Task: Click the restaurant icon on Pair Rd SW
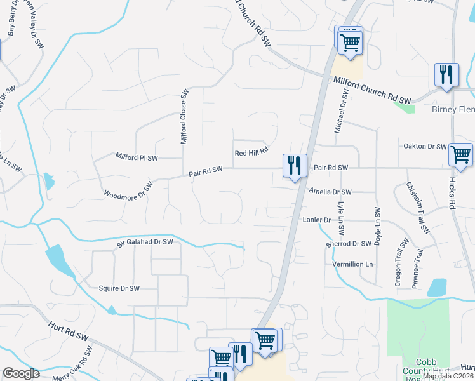coord(295,166)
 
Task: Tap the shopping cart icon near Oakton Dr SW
coord(460,154)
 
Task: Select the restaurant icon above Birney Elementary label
coord(447,75)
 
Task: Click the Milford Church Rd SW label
coord(372,90)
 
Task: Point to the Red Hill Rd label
coord(252,152)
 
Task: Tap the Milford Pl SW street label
coord(136,156)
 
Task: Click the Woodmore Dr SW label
coord(128,189)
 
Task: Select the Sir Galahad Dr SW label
coord(145,242)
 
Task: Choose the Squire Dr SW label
coord(119,288)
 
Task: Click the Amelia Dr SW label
coord(330,191)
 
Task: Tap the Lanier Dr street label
coord(318,220)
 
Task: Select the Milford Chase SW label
coord(184,116)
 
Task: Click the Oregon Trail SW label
coord(401,264)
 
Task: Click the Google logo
coord(21,373)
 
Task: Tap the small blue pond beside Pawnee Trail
coord(437,288)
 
